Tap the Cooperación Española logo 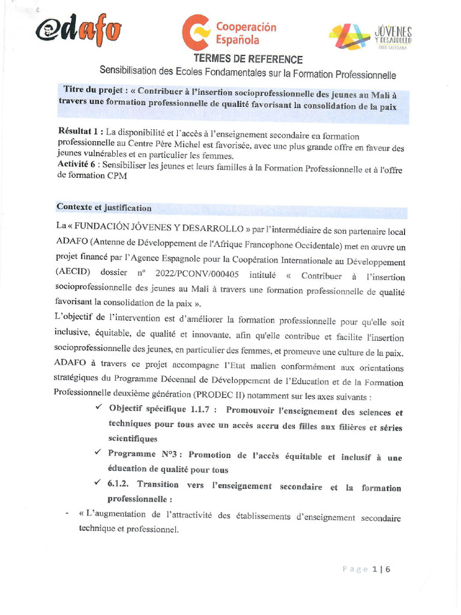229,34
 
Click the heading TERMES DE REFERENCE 248,59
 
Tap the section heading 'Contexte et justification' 104,208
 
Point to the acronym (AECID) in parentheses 74,271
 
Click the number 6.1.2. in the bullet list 120,484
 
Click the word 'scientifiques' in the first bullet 133,439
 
